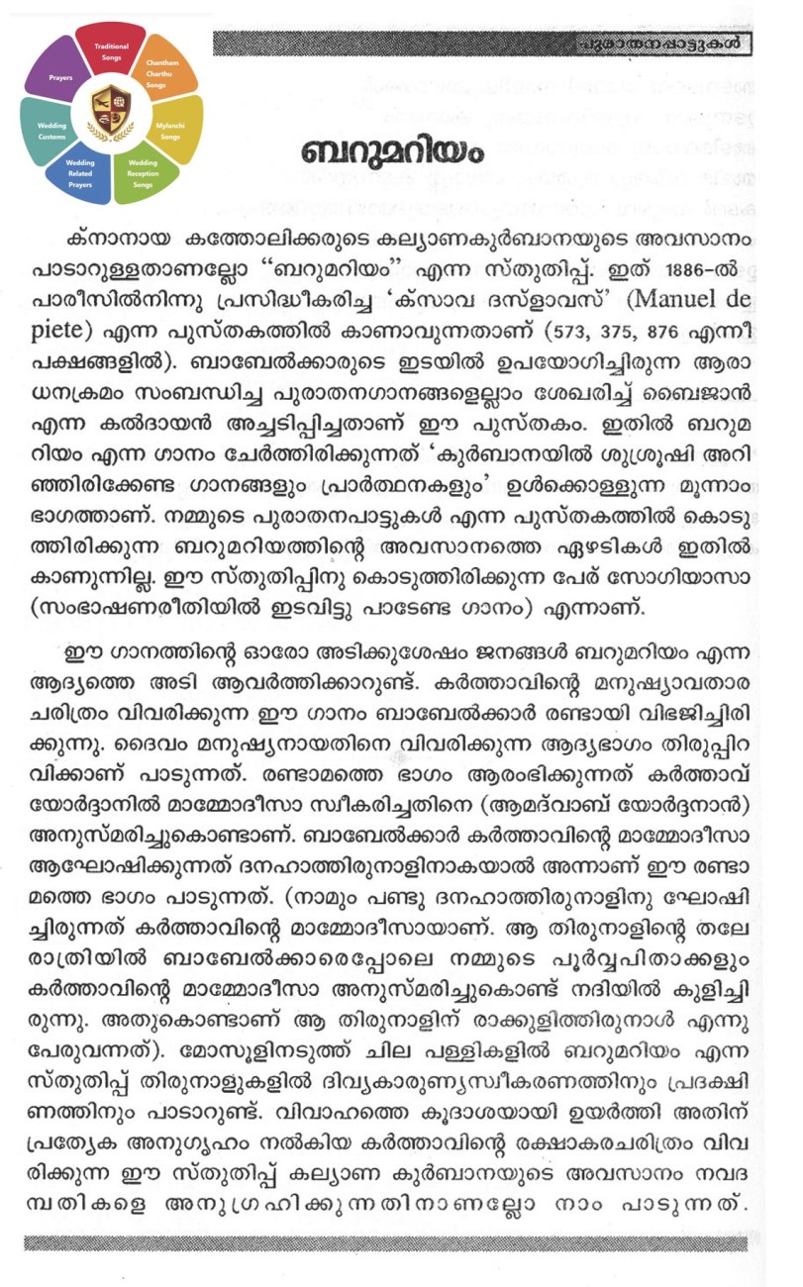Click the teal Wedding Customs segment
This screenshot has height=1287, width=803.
click(x=50, y=131)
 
